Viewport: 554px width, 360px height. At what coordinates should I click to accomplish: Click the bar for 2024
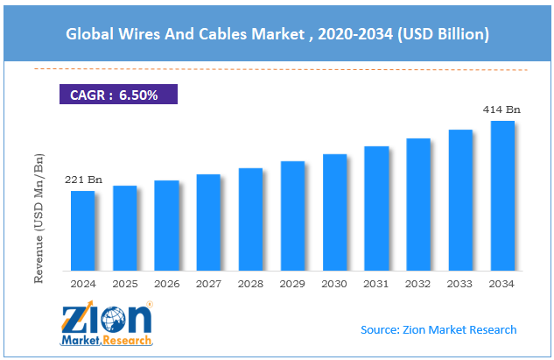[x=82, y=229]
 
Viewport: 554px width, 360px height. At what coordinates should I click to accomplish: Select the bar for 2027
[x=208, y=222]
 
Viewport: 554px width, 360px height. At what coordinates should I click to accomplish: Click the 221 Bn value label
[x=83, y=180]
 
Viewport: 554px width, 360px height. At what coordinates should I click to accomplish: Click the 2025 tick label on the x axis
[x=124, y=283]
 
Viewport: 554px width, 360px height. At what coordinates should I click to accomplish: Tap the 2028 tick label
[x=250, y=283]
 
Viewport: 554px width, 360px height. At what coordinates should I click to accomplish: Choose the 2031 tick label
[x=376, y=283]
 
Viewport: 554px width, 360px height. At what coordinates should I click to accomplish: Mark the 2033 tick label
[x=460, y=283]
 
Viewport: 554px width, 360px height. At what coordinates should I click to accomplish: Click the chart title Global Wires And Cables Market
[x=277, y=35]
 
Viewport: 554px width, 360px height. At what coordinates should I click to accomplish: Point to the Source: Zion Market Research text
[x=438, y=329]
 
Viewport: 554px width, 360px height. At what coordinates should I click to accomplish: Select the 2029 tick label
[x=292, y=283]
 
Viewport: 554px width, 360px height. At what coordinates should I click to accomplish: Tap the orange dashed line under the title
[x=277, y=69]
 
